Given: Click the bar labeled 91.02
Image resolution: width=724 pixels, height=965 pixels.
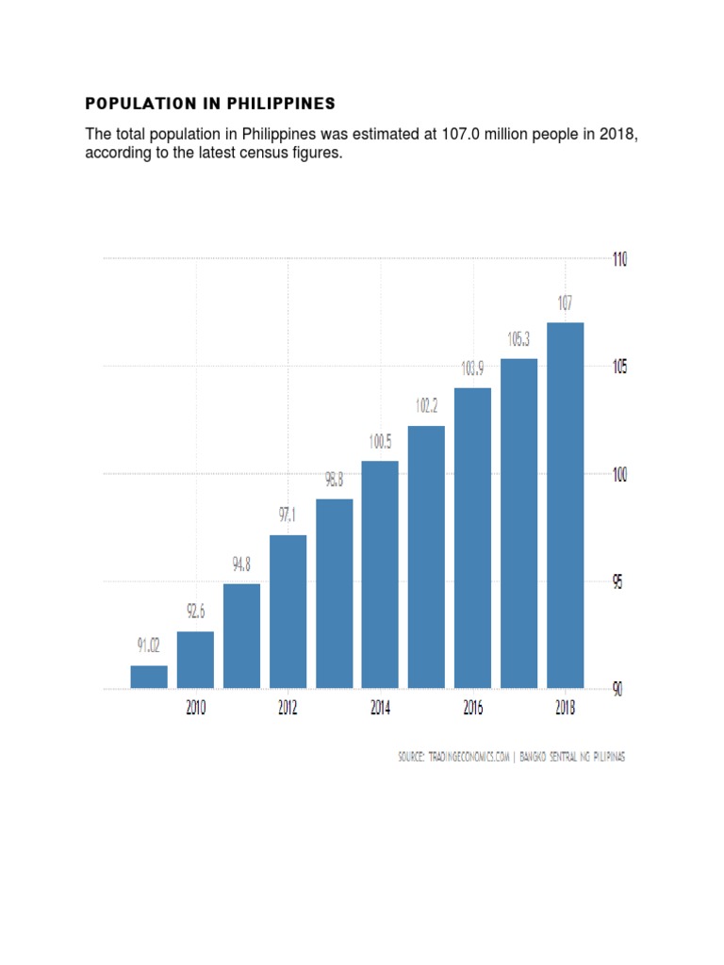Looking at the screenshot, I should click(x=149, y=677).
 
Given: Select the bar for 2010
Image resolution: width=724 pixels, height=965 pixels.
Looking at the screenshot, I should click(x=195, y=660).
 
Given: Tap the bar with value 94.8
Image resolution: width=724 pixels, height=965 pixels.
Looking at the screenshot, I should click(x=241, y=636).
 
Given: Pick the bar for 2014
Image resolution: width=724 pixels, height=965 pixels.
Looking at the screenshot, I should click(x=380, y=574).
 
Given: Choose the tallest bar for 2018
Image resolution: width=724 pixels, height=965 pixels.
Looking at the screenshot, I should click(x=566, y=505).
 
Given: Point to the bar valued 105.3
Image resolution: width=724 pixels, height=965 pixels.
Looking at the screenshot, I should click(x=519, y=523).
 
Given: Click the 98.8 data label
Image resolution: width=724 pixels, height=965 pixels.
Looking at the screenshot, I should click(x=335, y=480).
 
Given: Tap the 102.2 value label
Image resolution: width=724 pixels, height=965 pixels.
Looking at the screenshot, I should click(x=427, y=406).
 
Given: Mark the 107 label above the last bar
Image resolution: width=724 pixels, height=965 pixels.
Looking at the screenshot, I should click(x=565, y=303).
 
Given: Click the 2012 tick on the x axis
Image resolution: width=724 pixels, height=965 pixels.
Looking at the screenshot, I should click(x=288, y=709).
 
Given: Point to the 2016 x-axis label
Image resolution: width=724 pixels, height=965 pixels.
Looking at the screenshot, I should click(x=472, y=709).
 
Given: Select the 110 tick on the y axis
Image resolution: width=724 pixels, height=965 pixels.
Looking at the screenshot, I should click(x=618, y=259).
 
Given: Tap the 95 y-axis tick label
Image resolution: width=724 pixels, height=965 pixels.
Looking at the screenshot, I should click(x=618, y=582).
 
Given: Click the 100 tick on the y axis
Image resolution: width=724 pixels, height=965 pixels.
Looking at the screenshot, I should click(x=618, y=475).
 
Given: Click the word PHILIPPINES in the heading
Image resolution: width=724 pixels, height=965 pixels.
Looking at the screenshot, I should click(x=281, y=103).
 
